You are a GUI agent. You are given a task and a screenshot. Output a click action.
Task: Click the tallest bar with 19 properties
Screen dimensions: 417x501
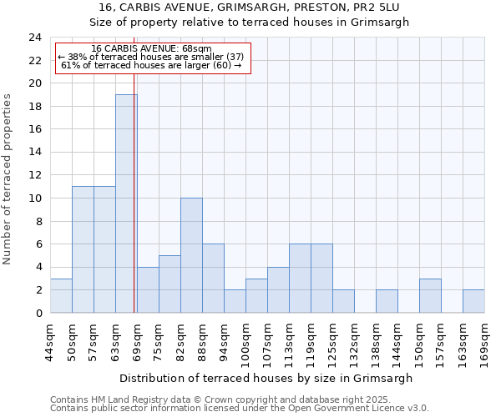point(126,203)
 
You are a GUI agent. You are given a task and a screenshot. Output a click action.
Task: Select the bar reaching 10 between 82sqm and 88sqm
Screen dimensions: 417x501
point(191,255)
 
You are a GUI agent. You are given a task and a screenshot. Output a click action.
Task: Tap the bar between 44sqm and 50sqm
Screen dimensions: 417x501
point(61,295)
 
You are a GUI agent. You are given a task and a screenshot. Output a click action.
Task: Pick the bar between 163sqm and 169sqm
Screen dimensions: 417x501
point(473,301)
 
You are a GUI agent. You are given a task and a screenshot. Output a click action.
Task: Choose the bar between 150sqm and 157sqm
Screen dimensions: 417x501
point(430,295)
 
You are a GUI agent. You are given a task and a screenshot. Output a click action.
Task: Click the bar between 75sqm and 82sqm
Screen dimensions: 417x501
point(170,284)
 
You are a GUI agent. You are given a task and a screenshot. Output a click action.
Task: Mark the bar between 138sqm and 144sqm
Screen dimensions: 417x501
point(387,301)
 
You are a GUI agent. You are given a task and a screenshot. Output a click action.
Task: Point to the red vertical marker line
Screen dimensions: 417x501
point(134,208)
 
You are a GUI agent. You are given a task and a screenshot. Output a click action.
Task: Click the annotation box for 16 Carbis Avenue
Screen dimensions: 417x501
point(152,58)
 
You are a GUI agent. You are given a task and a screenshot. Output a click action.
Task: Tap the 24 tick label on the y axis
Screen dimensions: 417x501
point(35,38)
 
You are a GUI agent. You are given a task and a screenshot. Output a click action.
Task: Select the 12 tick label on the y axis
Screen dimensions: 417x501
point(35,175)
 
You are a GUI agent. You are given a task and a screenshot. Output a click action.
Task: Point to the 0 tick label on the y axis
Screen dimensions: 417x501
point(38,313)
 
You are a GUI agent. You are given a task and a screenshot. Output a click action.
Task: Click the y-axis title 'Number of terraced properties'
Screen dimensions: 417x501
point(8,179)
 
